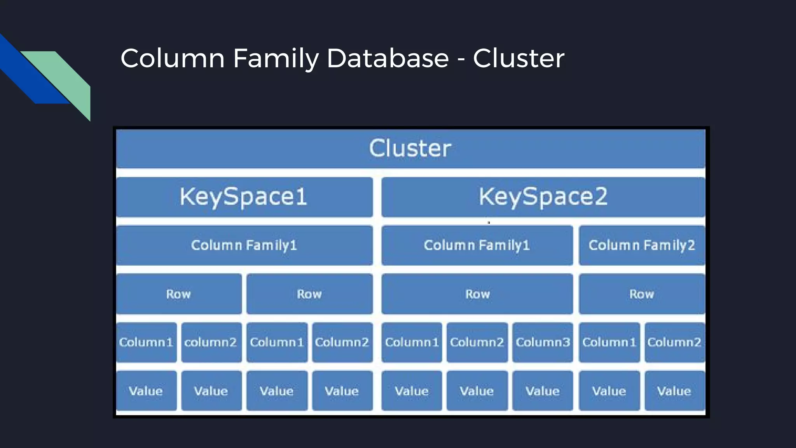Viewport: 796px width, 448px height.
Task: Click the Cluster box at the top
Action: point(410,149)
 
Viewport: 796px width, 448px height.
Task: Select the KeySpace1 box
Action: point(244,197)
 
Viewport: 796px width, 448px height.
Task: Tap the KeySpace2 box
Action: point(543,197)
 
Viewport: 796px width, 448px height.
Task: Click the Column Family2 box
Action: point(642,245)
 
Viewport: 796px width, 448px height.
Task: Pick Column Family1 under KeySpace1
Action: point(244,245)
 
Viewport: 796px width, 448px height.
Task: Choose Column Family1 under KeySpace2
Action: point(477,245)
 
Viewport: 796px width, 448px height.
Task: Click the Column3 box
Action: point(543,342)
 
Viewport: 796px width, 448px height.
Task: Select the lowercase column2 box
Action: point(211,342)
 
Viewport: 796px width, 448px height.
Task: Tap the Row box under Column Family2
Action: point(642,294)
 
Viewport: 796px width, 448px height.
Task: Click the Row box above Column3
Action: point(477,294)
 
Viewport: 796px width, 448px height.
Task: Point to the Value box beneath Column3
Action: point(543,391)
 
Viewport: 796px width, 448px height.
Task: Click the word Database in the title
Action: point(388,58)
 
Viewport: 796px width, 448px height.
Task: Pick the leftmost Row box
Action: point(178,294)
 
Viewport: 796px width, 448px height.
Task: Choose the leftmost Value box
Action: point(146,391)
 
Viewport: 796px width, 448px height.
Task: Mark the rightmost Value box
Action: point(674,391)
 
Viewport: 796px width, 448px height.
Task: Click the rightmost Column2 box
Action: point(674,342)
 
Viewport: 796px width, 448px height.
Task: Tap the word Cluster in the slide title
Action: point(518,58)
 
